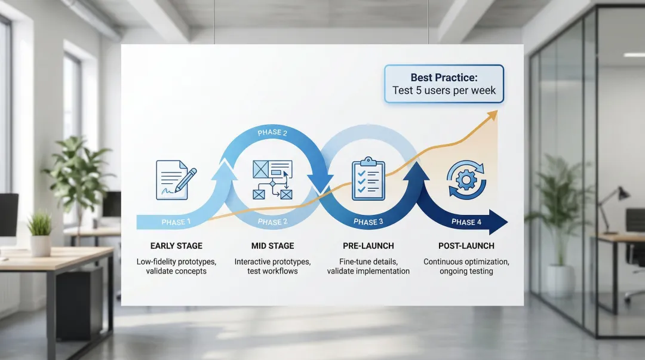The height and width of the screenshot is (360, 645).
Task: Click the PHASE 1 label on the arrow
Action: point(176,222)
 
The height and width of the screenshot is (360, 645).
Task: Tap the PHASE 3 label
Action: point(365,222)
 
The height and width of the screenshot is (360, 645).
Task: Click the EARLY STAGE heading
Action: point(176,246)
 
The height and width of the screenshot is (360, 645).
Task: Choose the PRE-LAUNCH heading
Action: point(368,246)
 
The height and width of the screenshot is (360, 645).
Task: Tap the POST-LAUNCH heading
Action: point(466,246)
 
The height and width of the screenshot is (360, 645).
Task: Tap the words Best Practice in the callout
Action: point(444,78)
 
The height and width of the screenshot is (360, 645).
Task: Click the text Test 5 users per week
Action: point(444,91)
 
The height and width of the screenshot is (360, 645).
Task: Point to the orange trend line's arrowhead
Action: point(492,114)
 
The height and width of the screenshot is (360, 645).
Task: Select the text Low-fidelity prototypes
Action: point(176,261)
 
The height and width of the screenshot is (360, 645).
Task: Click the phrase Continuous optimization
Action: point(466,261)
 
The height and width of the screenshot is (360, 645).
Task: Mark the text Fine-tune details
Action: point(368,261)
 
